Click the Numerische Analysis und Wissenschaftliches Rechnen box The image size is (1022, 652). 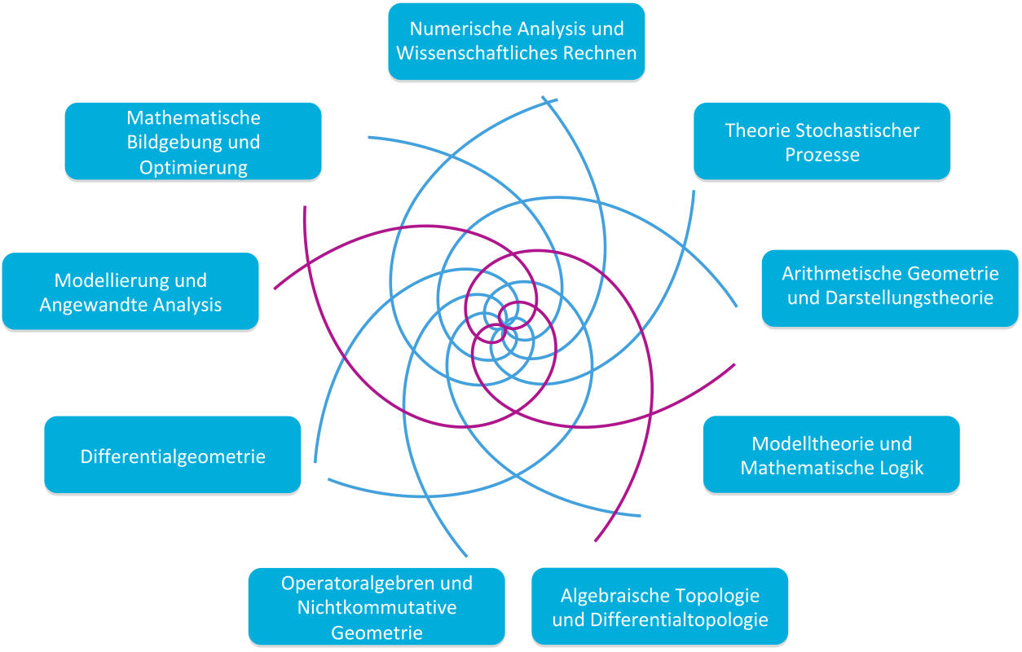(x=516, y=41)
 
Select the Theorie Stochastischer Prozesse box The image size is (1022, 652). (x=822, y=141)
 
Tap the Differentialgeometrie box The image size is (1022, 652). (x=173, y=456)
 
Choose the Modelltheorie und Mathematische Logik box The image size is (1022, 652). (x=831, y=455)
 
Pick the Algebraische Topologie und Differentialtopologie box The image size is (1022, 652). (x=659, y=606)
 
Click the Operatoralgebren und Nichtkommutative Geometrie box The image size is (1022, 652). (x=377, y=606)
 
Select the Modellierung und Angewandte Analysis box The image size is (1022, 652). (x=130, y=292)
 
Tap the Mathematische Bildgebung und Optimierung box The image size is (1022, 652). (x=193, y=142)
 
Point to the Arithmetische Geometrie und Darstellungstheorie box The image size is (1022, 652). (x=890, y=285)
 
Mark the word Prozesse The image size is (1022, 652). (x=822, y=154)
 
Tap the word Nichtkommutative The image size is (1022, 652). (x=377, y=607)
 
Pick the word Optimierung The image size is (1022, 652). (x=193, y=168)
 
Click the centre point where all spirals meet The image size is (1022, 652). (x=505, y=326)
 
